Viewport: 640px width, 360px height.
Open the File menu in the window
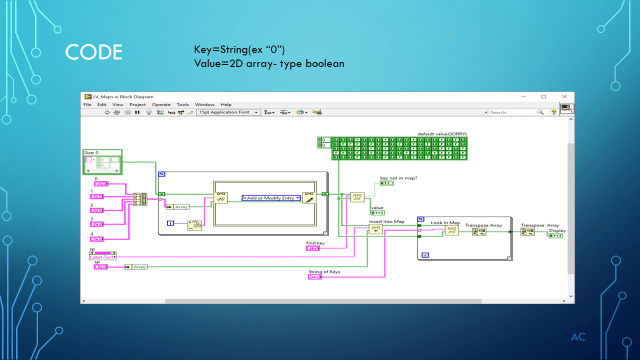click(x=88, y=104)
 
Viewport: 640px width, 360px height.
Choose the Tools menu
click(x=183, y=104)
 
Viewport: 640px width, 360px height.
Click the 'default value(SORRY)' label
click(x=444, y=132)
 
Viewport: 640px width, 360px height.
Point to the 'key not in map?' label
click(x=397, y=178)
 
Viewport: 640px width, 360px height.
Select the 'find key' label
click(x=314, y=243)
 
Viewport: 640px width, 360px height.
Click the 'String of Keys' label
click(x=321, y=270)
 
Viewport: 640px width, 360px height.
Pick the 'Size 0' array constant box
click(x=101, y=157)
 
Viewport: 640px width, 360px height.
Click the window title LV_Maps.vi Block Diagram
click(x=126, y=96)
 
